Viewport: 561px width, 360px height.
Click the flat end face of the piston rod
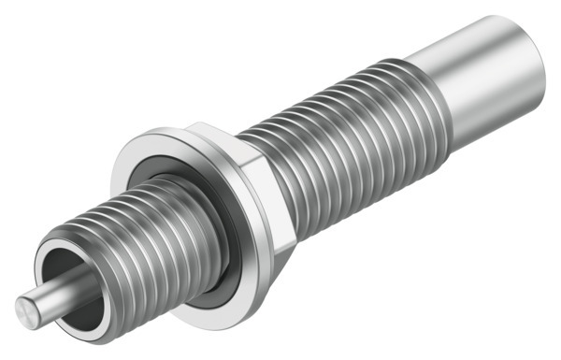point(24,306)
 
